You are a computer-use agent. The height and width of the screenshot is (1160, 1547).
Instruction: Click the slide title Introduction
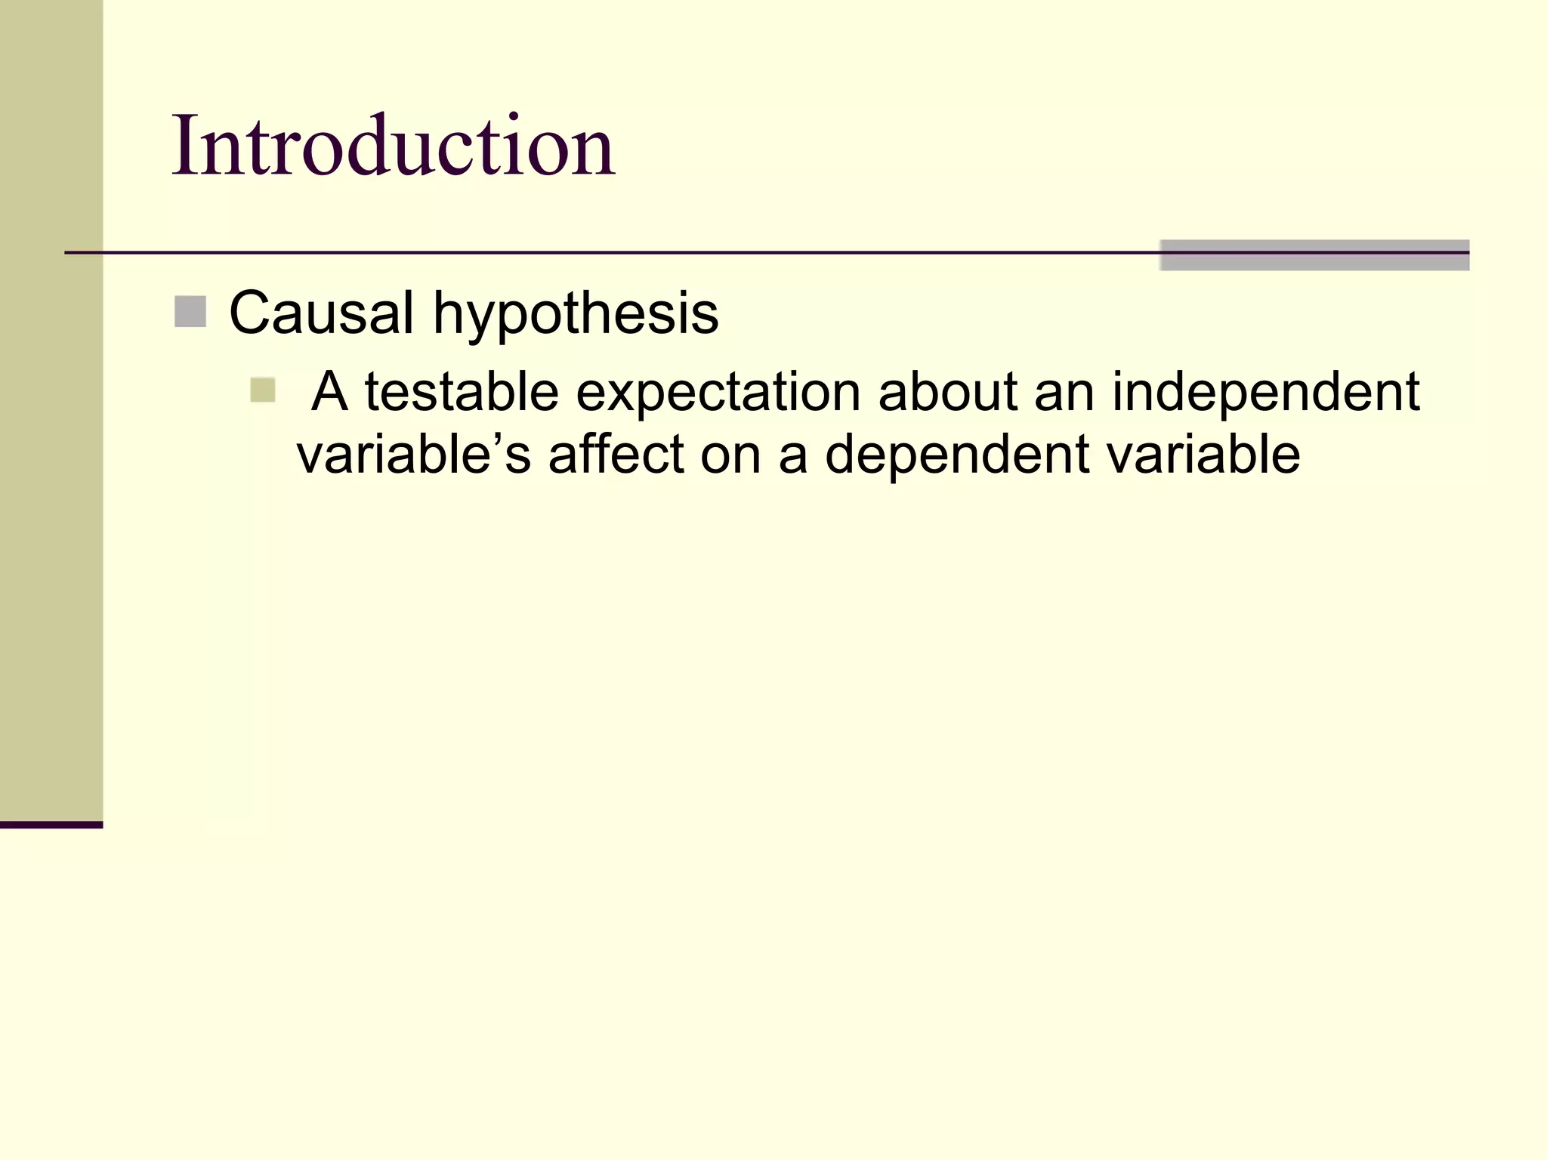pos(393,145)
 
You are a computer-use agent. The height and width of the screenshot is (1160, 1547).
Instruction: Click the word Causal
pos(321,313)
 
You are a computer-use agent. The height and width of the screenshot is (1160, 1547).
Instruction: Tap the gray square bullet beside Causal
pos(190,312)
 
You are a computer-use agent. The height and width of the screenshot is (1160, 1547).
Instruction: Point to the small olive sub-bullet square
pos(263,390)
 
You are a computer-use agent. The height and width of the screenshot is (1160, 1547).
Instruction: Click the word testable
pos(462,392)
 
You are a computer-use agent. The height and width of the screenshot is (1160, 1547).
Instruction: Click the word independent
pos(1266,393)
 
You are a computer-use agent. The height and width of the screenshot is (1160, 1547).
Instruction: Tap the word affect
pos(616,455)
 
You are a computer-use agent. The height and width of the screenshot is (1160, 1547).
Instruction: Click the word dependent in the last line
pos(957,456)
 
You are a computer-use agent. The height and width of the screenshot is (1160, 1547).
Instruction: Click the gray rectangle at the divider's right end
pos(1314,255)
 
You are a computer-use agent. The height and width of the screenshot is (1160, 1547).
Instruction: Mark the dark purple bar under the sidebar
pos(51,825)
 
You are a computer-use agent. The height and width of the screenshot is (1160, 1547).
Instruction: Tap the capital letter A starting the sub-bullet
pos(330,392)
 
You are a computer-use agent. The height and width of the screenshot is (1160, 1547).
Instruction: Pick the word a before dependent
pos(793,456)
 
